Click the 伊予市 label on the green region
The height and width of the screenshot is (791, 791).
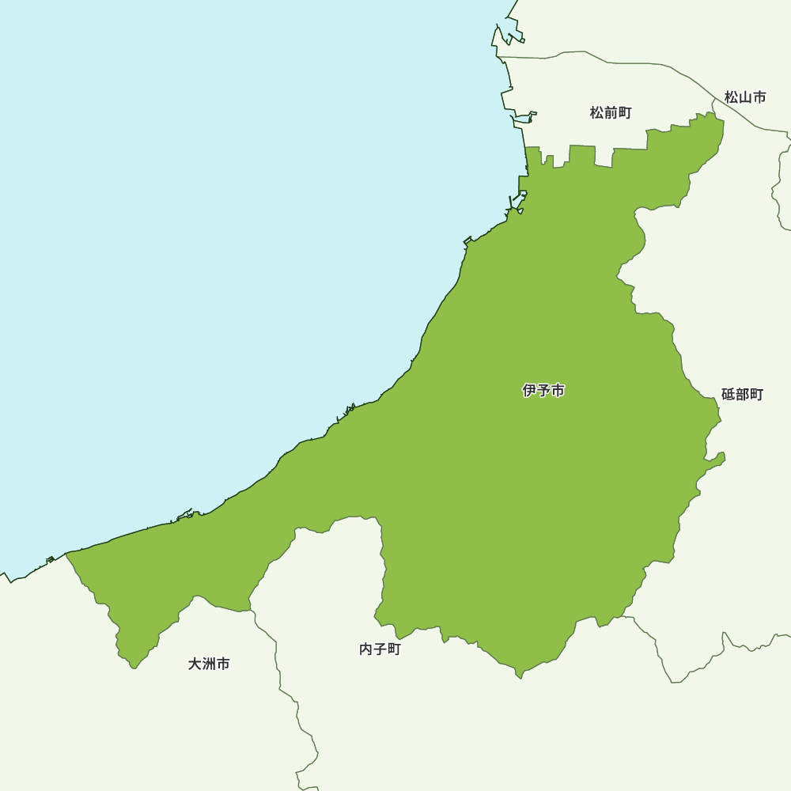pos(543,391)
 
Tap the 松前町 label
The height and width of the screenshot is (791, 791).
pos(611,113)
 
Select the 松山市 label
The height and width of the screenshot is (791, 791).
pos(745,97)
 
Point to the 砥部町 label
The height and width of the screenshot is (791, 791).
pos(742,394)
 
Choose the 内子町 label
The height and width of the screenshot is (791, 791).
pos(380,649)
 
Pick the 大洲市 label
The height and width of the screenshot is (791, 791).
pos(209,664)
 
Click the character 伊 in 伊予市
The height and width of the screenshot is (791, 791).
pos(530,391)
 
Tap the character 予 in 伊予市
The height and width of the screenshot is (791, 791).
pos(544,391)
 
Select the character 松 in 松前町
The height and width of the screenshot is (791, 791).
pos(597,113)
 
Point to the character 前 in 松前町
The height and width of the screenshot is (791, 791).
pos(611,113)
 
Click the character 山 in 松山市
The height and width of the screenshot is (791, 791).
pos(745,97)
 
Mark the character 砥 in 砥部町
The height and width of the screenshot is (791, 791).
pos(729,394)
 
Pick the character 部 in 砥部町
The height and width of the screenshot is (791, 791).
pos(743,394)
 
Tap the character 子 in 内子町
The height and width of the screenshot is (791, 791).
pos(380,649)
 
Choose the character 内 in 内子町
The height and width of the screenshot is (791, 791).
pos(366,649)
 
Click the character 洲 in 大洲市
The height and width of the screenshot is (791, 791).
pos(209,664)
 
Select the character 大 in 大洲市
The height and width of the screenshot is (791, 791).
pos(195,664)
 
